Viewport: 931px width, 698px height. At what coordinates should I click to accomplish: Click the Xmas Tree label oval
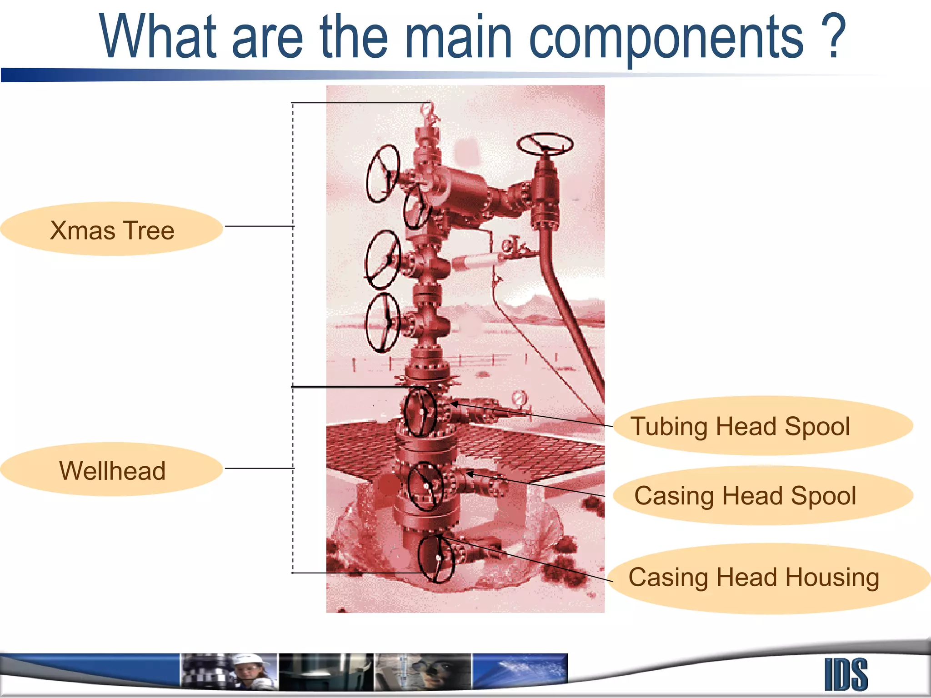[112, 229]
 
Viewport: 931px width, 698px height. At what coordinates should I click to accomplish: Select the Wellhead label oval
[112, 470]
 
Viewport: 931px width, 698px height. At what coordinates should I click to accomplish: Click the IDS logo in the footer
[846, 674]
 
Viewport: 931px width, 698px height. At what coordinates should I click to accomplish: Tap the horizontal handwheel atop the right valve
[545, 145]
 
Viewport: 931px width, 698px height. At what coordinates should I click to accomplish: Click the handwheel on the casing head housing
[436, 559]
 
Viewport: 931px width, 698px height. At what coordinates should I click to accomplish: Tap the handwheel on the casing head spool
[425, 485]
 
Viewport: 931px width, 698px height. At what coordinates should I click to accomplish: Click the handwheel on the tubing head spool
[420, 412]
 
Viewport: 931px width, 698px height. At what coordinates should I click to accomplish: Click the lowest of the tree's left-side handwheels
[383, 322]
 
